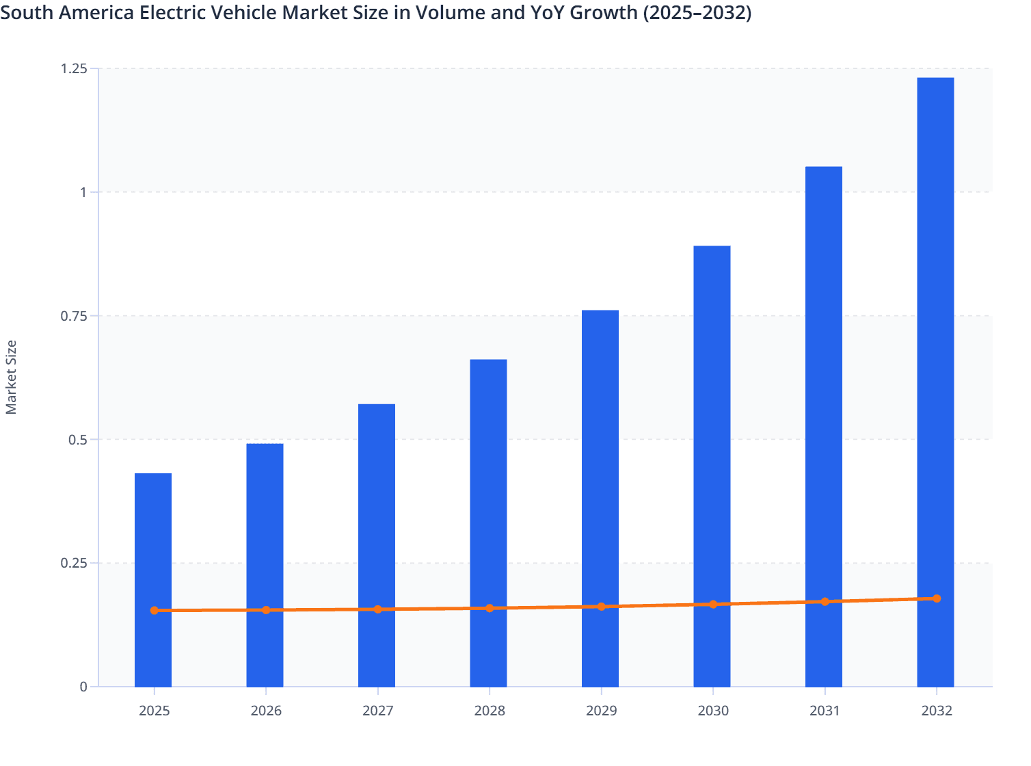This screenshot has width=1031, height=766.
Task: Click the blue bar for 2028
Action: [x=488, y=479]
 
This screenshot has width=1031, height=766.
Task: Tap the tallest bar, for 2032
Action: [x=935, y=342]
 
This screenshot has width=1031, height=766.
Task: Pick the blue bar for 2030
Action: [x=712, y=424]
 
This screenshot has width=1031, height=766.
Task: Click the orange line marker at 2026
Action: [x=266, y=610]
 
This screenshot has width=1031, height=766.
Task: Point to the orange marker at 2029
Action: [x=602, y=607]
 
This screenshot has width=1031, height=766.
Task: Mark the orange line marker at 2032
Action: [x=937, y=598]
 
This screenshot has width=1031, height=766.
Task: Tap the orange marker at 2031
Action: [x=825, y=602]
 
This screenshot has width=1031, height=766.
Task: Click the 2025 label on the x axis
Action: [x=154, y=711]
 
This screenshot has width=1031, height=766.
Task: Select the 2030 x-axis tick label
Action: [x=713, y=711]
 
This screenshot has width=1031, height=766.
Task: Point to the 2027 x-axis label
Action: [x=377, y=711]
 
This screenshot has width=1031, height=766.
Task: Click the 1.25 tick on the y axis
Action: [x=74, y=68]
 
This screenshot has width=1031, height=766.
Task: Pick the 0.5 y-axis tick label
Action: [x=78, y=439]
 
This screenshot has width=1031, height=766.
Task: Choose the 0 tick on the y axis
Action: [x=83, y=687]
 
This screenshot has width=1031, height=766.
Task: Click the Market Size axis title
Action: [x=11, y=377]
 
